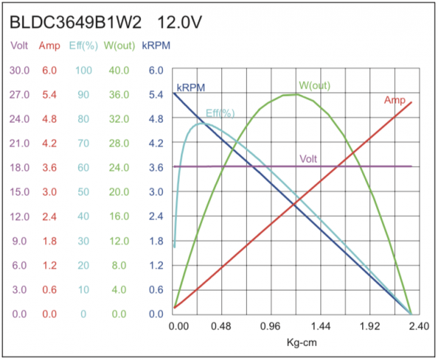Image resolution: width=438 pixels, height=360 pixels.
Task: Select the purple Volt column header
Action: [18, 45]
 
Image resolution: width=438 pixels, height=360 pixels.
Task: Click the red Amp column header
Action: [49, 45]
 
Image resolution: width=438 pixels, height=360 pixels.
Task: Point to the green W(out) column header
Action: [120, 45]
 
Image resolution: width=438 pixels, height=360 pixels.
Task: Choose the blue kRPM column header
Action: [155, 45]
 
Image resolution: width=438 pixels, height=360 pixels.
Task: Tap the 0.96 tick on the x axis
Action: [270, 328]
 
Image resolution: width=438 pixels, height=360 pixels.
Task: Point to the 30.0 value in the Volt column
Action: [18, 70]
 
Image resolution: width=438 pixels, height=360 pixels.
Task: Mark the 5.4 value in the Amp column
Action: [49, 94]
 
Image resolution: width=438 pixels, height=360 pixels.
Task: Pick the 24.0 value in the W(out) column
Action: [119, 167]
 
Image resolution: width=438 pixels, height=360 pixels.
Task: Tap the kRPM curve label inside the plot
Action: [191, 88]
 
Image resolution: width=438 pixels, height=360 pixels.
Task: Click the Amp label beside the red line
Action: [394, 99]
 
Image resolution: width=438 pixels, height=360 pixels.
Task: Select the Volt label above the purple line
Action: [308, 158]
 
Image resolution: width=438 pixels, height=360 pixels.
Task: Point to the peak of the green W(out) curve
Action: [296, 94]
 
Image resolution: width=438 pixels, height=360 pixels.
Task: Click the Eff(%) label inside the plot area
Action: [220, 113]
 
